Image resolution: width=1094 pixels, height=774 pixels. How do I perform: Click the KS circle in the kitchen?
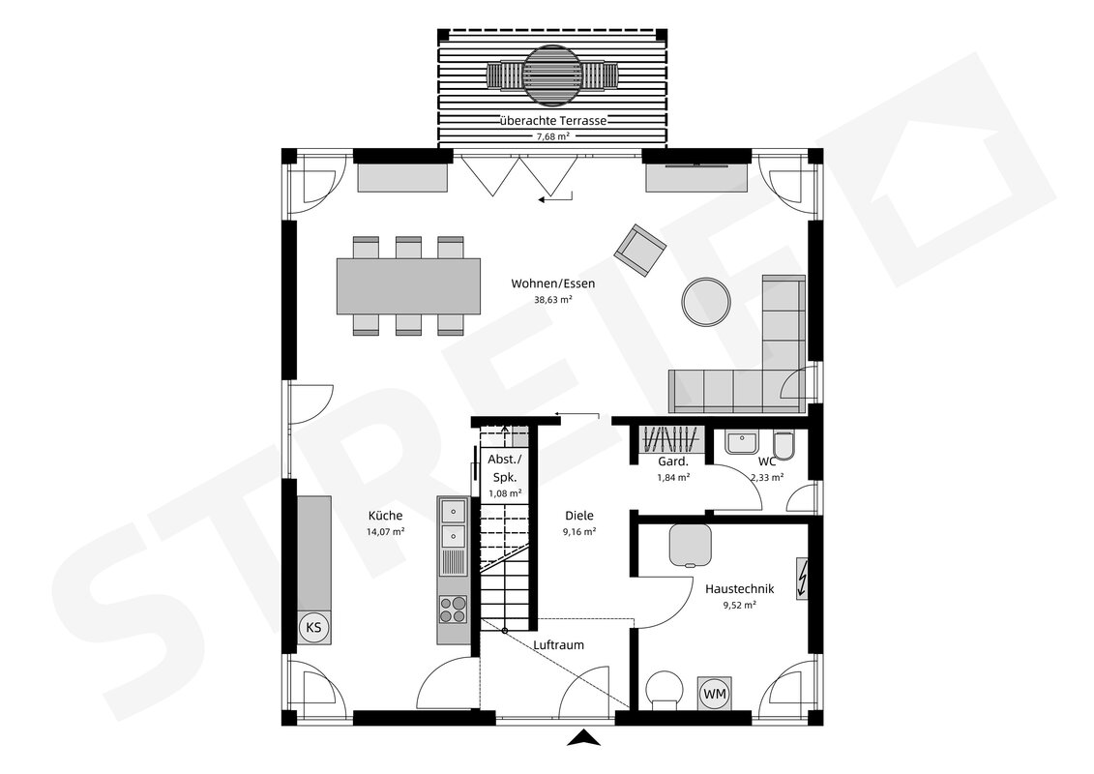(314, 628)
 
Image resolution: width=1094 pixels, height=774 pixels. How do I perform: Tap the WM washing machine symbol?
(715, 695)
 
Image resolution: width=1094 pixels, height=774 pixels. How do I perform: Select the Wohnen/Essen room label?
(552, 283)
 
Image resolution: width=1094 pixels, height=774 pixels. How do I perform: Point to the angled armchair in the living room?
(639, 250)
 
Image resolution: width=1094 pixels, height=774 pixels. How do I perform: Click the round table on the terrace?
(552, 73)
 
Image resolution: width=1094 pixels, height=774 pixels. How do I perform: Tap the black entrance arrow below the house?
(583, 738)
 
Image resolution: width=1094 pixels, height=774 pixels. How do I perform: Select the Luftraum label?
(558, 645)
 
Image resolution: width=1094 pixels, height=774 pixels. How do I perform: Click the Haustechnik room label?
(740, 589)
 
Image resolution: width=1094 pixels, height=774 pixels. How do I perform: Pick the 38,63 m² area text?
(552, 299)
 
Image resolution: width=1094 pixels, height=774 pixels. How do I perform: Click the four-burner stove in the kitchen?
(453, 608)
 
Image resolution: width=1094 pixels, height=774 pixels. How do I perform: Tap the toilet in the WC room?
(784, 446)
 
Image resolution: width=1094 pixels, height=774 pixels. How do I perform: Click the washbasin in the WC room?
(741, 442)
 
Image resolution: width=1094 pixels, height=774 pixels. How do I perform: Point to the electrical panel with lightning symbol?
(802, 579)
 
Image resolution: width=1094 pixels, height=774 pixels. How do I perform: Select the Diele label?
(579, 516)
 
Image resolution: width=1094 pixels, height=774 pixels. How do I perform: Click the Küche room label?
(385, 516)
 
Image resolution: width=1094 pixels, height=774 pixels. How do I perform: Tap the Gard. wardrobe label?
(673, 462)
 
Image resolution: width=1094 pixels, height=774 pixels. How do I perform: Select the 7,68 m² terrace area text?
(552, 136)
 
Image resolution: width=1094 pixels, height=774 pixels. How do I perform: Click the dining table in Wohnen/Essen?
(409, 285)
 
